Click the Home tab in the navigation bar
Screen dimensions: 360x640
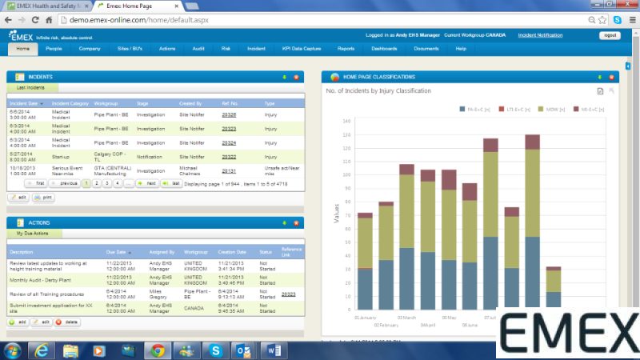click(x=23, y=49)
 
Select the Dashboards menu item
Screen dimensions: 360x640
click(x=384, y=49)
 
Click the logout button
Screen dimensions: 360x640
click(x=610, y=35)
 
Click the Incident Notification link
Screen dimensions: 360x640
click(x=540, y=35)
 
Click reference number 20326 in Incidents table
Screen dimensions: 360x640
click(x=229, y=114)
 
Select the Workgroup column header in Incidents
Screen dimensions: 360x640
click(x=106, y=103)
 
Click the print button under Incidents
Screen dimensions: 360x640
click(x=43, y=197)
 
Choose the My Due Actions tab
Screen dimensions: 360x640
click(x=31, y=233)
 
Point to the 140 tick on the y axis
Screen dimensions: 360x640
click(x=346, y=122)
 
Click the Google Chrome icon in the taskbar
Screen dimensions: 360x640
click(x=158, y=350)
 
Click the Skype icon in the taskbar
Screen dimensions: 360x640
click(x=215, y=350)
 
